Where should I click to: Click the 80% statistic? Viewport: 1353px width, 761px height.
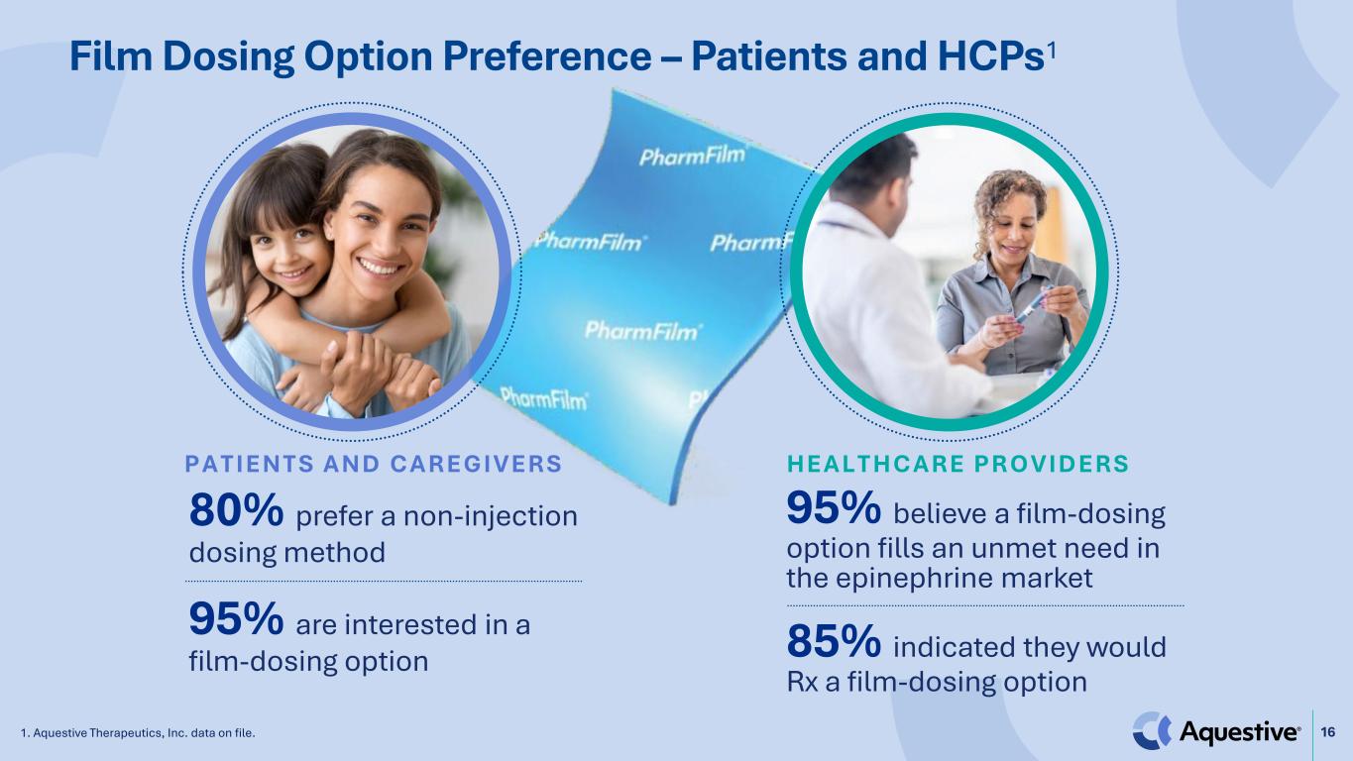click(x=236, y=511)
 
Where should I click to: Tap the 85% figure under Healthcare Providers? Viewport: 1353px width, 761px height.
click(x=834, y=641)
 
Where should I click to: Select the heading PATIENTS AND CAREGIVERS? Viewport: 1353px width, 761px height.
click(x=374, y=464)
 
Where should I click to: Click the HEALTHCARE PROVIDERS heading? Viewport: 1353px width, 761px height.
click(x=958, y=464)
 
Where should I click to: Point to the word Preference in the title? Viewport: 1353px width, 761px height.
click(x=547, y=56)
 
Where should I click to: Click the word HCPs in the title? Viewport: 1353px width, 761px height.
click(x=991, y=56)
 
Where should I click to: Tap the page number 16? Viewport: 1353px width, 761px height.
click(x=1327, y=732)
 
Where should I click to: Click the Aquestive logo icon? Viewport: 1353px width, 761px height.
click(x=1151, y=731)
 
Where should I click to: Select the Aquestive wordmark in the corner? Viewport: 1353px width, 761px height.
click(x=1238, y=732)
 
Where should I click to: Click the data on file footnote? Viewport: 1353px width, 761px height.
click(x=138, y=733)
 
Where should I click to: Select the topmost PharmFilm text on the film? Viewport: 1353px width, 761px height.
click(x=692, y=156)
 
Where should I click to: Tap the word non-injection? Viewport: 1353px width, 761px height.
click(x=491, y=516)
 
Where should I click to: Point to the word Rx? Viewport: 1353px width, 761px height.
click(x=802, y=682)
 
